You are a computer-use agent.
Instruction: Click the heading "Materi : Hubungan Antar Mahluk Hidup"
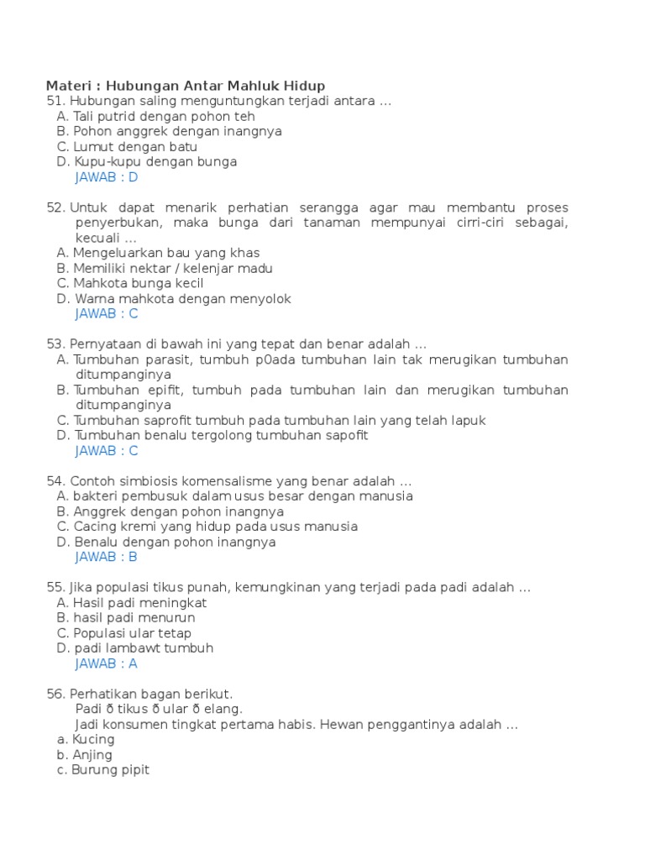[x=185, y=86]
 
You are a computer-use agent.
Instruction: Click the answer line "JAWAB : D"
[x=106, y=177]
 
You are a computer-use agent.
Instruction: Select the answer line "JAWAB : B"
[x=106, y=557]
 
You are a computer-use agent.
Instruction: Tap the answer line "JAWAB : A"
[x=106, y=663]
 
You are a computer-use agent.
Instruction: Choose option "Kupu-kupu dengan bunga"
[x=155, y=161]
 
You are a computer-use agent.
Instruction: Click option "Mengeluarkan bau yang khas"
[x=166, y=253]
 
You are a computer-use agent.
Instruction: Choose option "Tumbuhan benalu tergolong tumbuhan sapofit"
[x=222, y=435]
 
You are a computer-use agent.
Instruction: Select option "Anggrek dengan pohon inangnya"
[x=179, y=511]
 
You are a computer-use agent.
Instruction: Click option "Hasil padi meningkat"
[x=140, y=602]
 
